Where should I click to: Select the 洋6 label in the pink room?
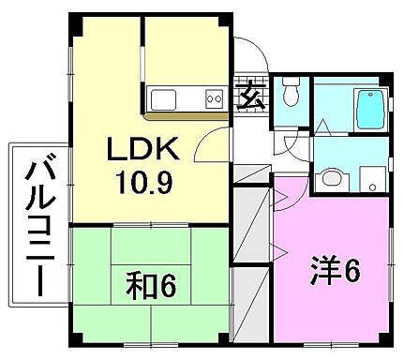(336, 272)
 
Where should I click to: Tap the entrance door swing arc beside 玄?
(249, 54)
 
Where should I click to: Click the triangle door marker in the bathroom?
(322, 125)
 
